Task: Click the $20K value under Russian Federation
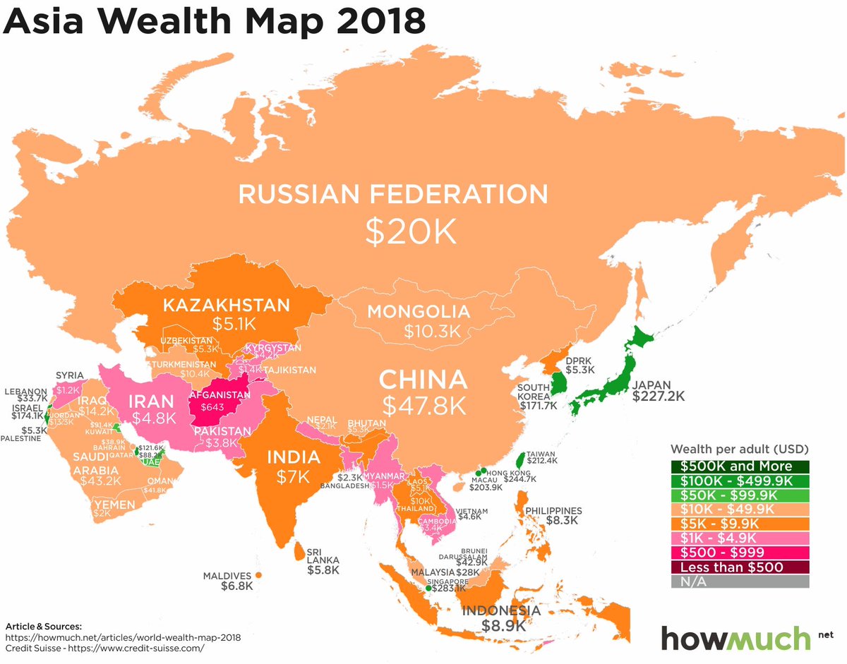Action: [x=412, y=231]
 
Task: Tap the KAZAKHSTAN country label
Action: [x=227, y=306]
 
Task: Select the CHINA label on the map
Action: [x=423, y=380]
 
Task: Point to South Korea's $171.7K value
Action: [x=539, y=406]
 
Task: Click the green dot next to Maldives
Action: [x=259, y=575]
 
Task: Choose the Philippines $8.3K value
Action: [x=562, y=521]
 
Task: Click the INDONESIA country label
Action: [x=501, y=610]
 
